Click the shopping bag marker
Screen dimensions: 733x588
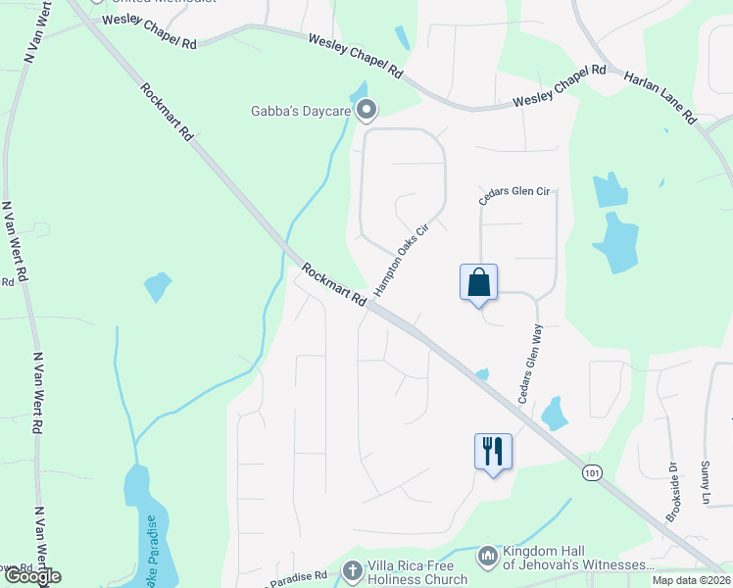click(478, 282)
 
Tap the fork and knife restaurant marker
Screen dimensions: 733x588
click(493, 452)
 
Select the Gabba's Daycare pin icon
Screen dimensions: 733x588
click(366, 111)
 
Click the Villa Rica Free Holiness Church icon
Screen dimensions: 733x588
click(353, 569)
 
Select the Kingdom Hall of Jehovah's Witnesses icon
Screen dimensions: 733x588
click(487, 557)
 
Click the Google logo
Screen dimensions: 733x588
click(32, 576)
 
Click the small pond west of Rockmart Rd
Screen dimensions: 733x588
click(158, 287)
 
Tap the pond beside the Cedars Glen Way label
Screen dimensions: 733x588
click(555, 414)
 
